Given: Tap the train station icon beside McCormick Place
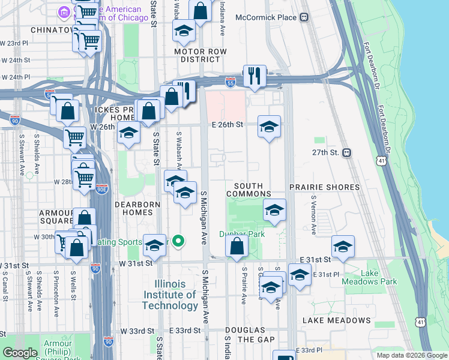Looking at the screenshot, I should (305, 17).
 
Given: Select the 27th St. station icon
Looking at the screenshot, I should (347, 153).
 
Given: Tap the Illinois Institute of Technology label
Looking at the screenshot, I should (170, 295).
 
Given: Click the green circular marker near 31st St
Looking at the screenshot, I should (178, 242).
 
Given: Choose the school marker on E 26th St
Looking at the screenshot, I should (270, 126).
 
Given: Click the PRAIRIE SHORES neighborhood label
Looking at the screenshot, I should (324, 187).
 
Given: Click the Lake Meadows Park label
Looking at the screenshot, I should (379, 278).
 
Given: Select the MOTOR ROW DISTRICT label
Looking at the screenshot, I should (197, 55).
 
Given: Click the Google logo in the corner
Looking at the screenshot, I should (20, 353).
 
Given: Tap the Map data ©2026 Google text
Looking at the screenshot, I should (411, 355).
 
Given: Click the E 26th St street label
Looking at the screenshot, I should (227, 125).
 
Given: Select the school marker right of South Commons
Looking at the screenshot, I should (274, 210).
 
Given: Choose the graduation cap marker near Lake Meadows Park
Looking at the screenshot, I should (343, 246).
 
